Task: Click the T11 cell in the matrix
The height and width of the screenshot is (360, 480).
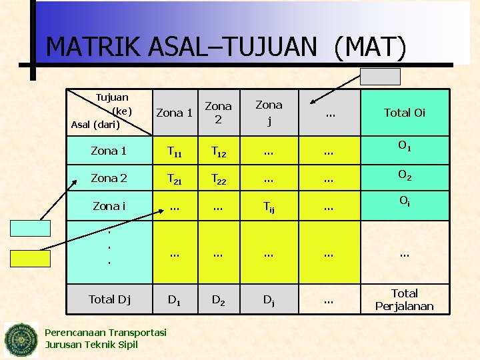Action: click(174, 153)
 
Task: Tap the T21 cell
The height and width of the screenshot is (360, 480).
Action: click(174, 179)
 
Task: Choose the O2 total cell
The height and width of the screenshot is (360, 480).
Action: click(404, 175)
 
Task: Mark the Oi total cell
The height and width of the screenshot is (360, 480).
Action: click(404, 202)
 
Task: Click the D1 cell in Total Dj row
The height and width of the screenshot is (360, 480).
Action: click(174, 301)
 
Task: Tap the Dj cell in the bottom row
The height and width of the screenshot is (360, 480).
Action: click(268, 301)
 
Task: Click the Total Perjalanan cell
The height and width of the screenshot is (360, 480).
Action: click(404, 300)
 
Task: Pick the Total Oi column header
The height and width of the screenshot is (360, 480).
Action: click(404, 113)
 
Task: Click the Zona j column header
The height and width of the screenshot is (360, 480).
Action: click(269, 112)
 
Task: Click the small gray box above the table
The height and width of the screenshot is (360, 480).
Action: click(380, 77)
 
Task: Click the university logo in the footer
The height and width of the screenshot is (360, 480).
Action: click(21, 340)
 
